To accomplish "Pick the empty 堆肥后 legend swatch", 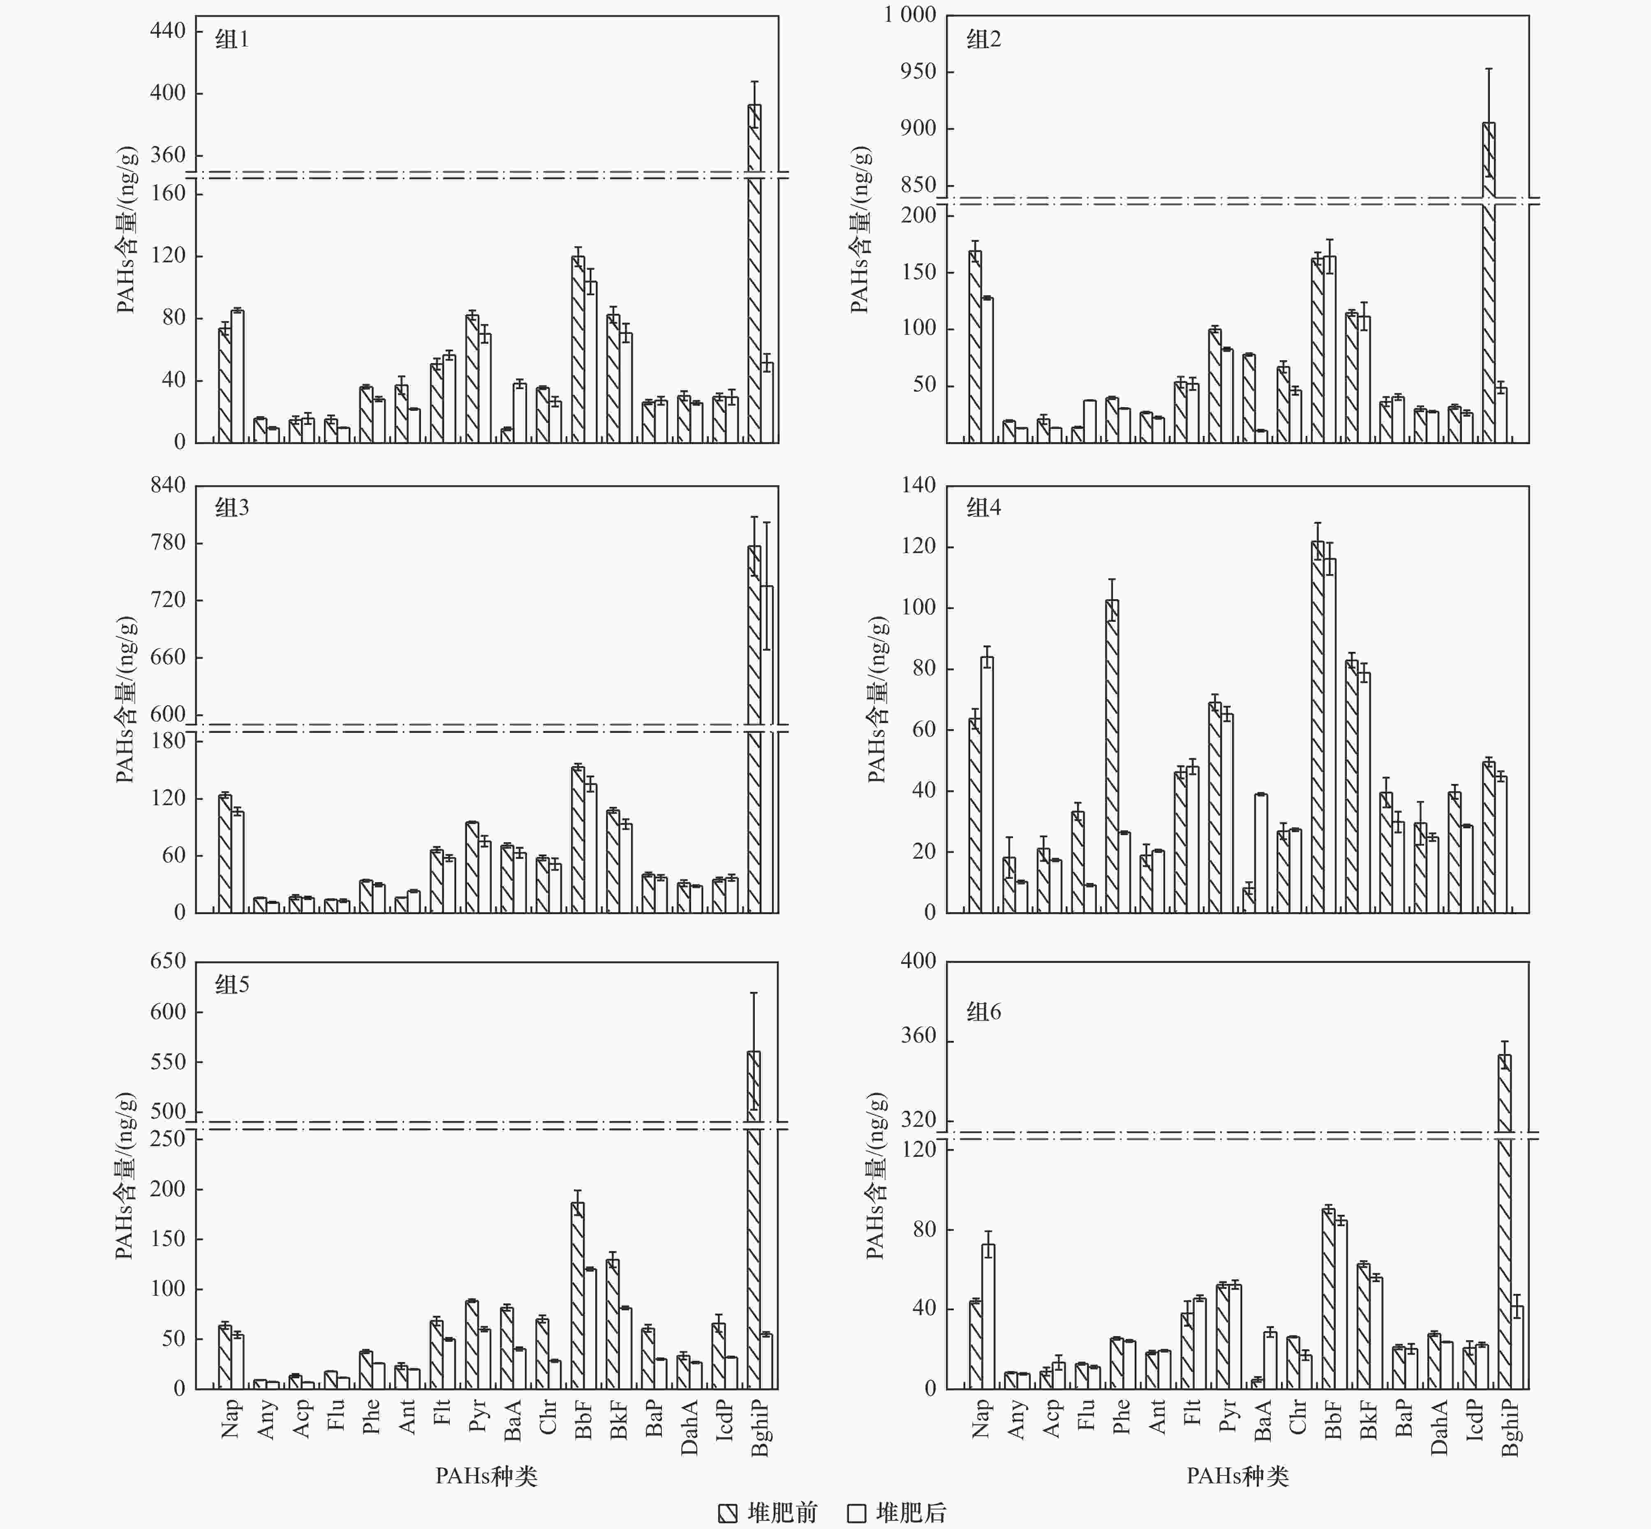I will (x=857, y=1513).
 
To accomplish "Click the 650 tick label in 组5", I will (x=168, y=961).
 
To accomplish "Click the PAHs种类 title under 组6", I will (x=1237, y=1476).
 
